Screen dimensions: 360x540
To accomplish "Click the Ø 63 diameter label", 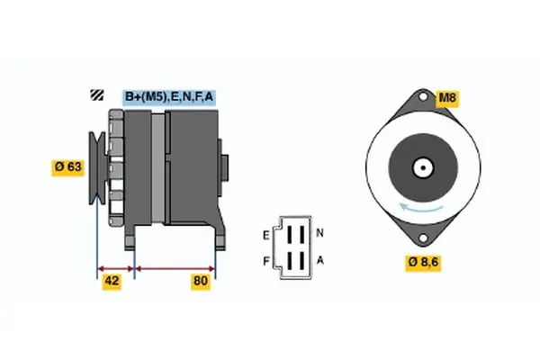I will (69, 166).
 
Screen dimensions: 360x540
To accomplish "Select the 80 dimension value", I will (201, 282).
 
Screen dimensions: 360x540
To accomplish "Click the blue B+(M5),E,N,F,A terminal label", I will (169, 97).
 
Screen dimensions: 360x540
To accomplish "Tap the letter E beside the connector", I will (265, 236).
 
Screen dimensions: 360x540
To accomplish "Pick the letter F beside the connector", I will (265, 261).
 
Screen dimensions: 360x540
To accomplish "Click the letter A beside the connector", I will (319, 261).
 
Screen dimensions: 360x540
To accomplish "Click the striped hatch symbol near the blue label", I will (95, 96).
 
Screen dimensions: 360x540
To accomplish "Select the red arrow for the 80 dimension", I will (175, 268).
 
